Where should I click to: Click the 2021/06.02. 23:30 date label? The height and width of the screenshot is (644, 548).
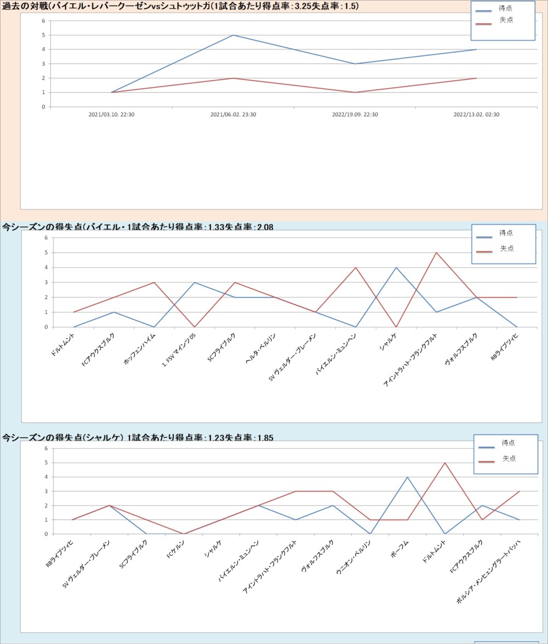pyautogui.click(x=233, y=115)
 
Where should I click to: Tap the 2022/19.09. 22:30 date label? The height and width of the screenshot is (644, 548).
pyautogui.click(x=355, y=115)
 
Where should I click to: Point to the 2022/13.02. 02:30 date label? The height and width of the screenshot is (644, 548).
pyautogui.click(x=476, y=115)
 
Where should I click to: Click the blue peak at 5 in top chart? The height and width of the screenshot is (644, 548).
pyautogui.click(x=233, y=35)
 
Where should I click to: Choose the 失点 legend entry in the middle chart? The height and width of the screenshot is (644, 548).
pyautogui.click(x=506, y=249)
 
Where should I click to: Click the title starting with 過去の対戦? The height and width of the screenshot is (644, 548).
pyautogui.click(x=181, y=7)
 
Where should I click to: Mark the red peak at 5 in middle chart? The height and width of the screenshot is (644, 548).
pyautogui.click(x=436, y=253)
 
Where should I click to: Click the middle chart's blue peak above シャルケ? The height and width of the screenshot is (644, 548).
pyautogui.click(x=396, y=267)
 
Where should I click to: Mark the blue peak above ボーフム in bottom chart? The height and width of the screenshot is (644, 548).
pyautogui.click(x=407, y=477)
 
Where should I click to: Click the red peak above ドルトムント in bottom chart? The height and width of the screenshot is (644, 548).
pyautogui.click(x=444, y=463)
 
